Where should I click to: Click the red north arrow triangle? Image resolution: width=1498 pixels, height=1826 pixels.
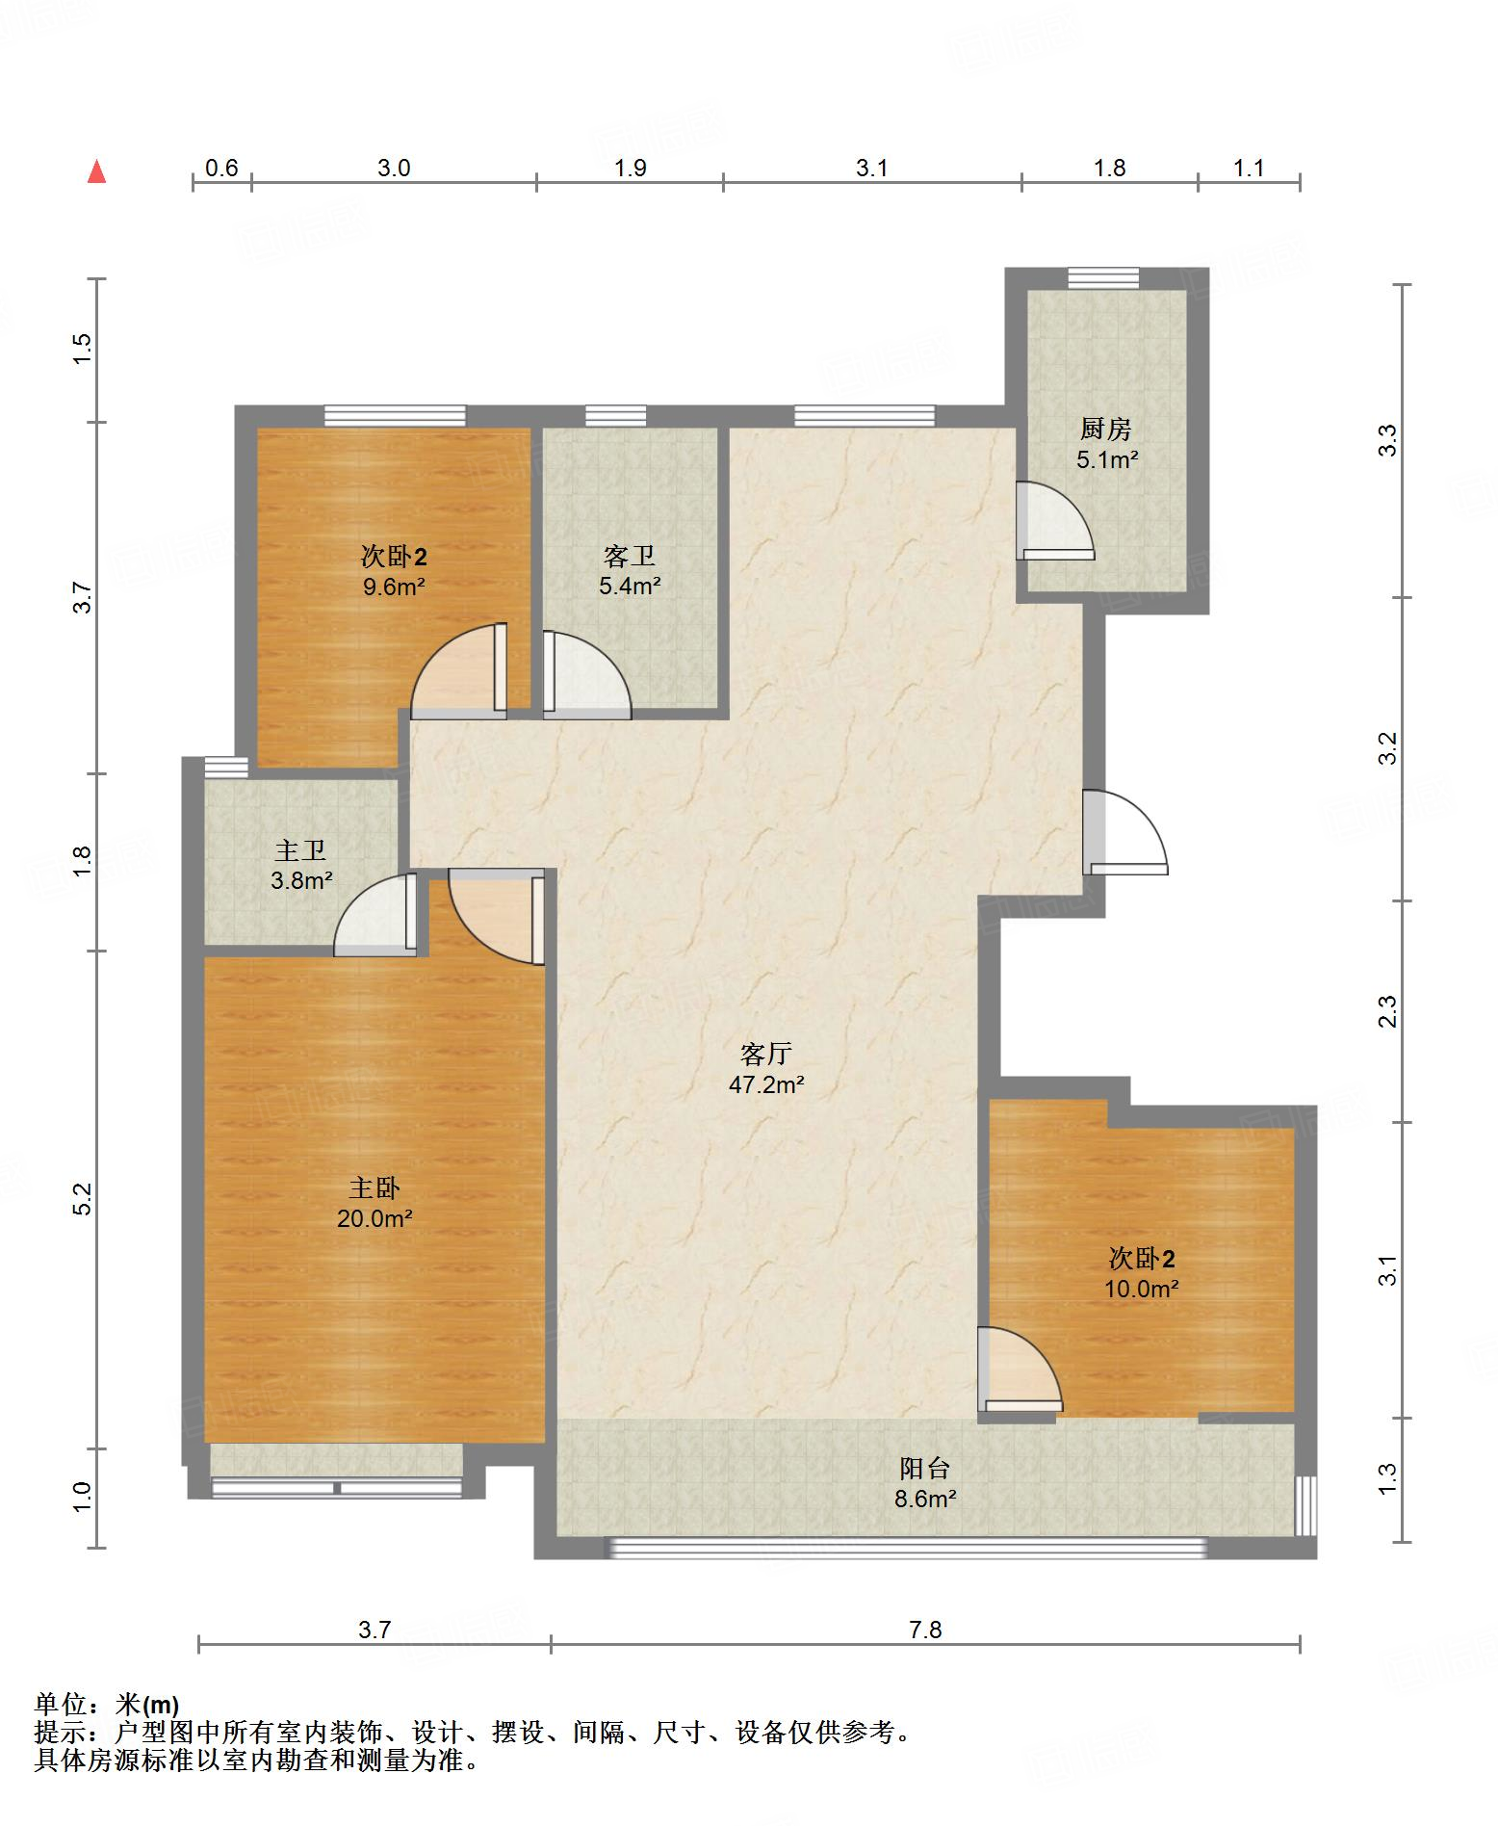pyautogui.click(x=96, y=172)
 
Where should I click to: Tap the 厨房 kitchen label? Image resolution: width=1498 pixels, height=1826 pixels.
pyautogui.click(x=1106, y=429)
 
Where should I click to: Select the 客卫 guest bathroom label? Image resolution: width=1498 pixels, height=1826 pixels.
pyautogui.click(x=630, y=556)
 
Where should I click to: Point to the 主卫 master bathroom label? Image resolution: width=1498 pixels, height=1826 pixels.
pyautogui.click(x=300, y=850)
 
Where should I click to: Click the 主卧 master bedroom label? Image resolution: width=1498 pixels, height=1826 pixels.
pyautogui.click(x=374, y=1188)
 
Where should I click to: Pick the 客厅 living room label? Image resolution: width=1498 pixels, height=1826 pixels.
pyautogui.click(x=766, y=1054)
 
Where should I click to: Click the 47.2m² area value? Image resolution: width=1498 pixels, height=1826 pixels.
pyautogui.click(x=766, y=1084)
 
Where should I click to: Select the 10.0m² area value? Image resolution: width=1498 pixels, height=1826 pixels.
pyautogui.click(x=1142, y=1289)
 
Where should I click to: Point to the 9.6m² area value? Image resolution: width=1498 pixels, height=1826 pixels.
pyautogui.click(x=394, y=586)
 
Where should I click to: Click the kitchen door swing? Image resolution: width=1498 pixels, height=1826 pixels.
pyautogui.click(x=1056, y=520)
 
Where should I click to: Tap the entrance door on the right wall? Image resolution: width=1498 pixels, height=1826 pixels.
pyautogui.click(x=1124, y=832)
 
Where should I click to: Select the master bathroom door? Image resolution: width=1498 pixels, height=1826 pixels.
pyautogui.click(x=375, y=914)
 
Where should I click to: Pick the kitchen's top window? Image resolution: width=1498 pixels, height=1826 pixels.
pyautogui.click(x=1103, y=277)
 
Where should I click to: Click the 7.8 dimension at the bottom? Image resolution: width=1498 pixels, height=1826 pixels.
pyautogui.click(x=925, y=1630)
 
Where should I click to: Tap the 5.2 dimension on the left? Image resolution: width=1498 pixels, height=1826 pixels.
pyautogui.click(x=82, y=1198)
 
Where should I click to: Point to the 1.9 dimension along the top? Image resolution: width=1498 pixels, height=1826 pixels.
pyautogui.click(x=631, y=168)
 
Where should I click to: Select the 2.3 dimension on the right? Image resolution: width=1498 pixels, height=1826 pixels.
pyautogui.click(x=1387, y=1011)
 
